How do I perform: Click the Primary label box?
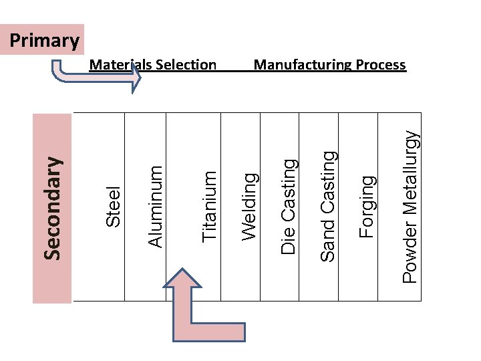[45, 41]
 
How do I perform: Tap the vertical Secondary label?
[53, 207]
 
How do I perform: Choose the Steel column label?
[114, 205]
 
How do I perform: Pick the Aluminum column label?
[155, 205]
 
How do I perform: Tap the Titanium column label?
[210, 205]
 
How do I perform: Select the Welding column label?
[250, 205]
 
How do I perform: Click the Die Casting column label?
[289, 205]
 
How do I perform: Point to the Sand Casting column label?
[328, 205]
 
